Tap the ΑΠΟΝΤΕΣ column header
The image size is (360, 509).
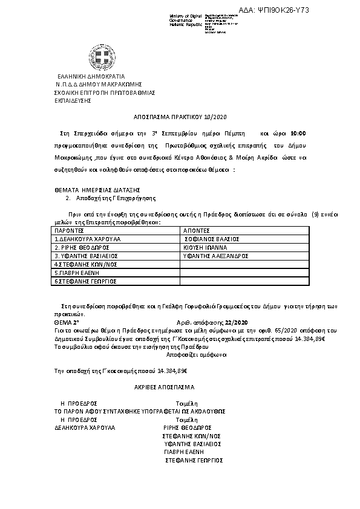click(195, 230)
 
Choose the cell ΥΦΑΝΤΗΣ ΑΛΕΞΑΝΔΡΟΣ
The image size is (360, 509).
click(216, 256)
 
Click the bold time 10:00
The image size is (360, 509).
click(298, 132)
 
